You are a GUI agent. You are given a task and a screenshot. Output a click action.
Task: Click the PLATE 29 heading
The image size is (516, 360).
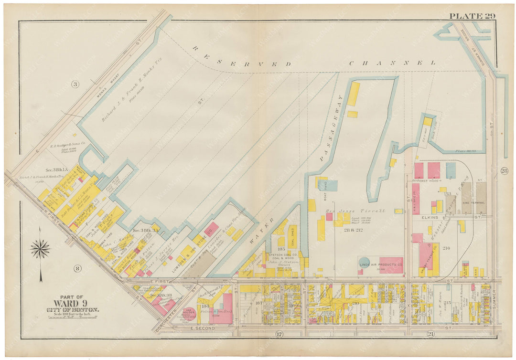[x=472, y=16]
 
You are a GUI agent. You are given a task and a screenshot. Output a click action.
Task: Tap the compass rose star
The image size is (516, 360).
[x=40, y=249]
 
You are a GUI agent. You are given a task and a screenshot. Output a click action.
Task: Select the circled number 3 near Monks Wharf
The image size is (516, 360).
[x=75, y=85]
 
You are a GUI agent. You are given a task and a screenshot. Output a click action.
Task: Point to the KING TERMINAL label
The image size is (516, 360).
[x=473, y=202]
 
